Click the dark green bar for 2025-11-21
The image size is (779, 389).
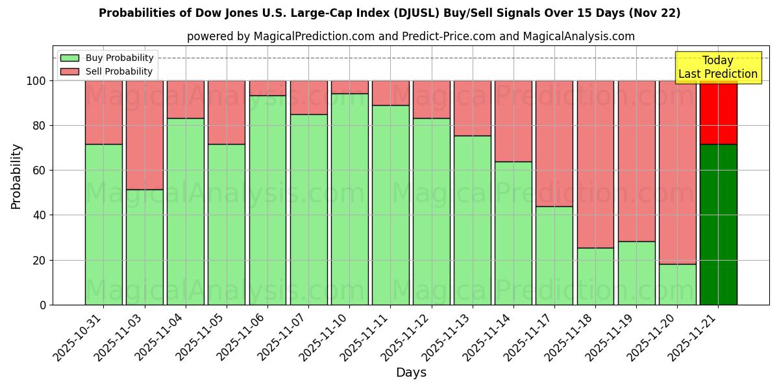(718, 224)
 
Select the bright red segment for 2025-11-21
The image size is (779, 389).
(718, 112)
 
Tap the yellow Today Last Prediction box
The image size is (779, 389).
(717, 67)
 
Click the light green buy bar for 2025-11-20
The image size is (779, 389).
(677, 284)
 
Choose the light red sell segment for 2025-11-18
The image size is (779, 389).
(595, 164)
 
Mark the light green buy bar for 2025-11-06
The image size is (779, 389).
(267, 200)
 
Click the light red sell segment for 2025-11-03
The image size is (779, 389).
(145, 135)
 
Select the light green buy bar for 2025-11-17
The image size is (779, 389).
(554, 255)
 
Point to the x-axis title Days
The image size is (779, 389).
(411, 373)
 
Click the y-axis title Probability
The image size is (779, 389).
(16, 176)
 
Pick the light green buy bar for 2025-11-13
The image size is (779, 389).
(473, 220)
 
